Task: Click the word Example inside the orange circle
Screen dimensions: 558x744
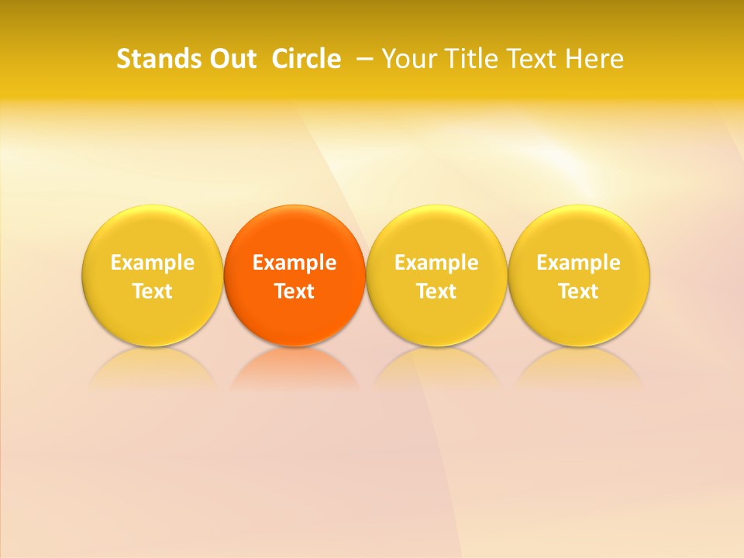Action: click(294, 263)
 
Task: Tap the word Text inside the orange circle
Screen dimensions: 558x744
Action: click(294, 291)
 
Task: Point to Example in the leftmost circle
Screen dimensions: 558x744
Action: click(153, 263)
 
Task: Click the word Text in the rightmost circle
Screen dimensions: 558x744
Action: click(579, 291)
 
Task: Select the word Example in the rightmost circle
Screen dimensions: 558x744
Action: click(579, 263)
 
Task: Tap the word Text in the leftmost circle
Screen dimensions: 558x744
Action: click(153, 291)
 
